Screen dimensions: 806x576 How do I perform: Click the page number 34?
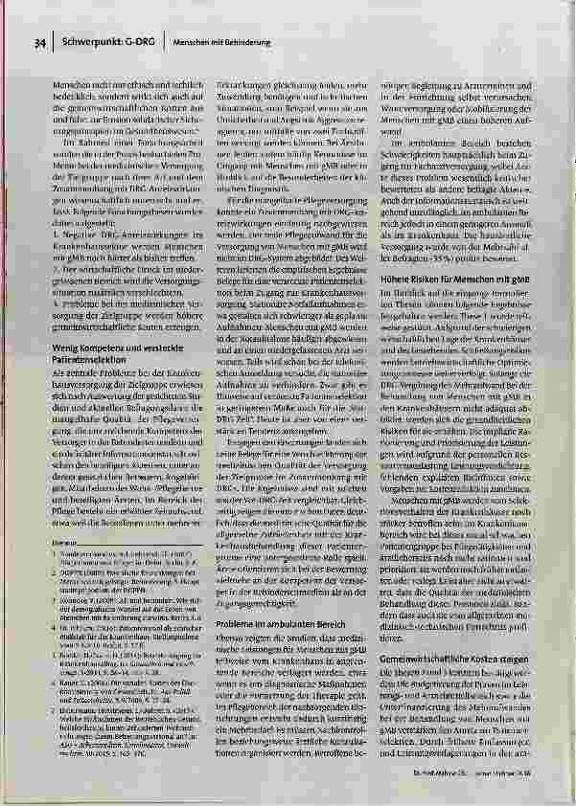(x=39, y=42)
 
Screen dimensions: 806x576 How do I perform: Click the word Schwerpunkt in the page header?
(x=87, y=42)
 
